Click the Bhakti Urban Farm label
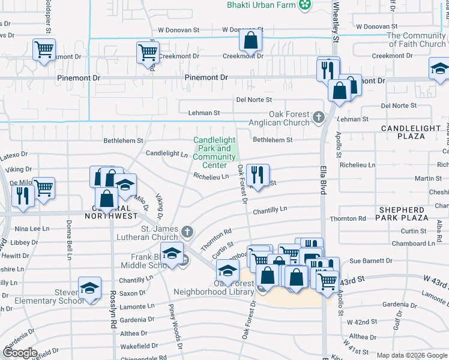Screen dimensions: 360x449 [x=262, y=5]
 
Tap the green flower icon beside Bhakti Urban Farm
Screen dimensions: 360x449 [x=306, y=5]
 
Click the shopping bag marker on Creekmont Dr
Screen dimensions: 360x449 [x=250, y=41]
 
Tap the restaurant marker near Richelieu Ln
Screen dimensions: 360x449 [x=258, y=175]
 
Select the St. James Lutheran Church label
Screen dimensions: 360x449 [x=160, y=233]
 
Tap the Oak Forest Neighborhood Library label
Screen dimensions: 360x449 [x=214, y=287]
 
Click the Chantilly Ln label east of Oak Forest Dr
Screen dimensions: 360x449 [x=270, y=210]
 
